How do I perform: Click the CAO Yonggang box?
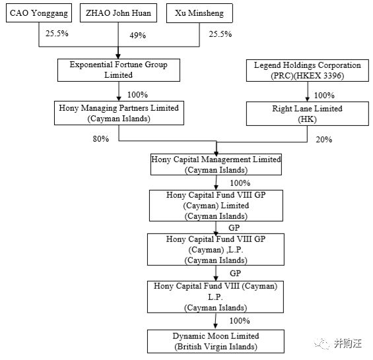[39, 13]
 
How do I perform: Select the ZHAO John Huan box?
[118, 13]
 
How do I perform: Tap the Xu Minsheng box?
[199, 13]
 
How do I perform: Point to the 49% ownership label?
[137, 36]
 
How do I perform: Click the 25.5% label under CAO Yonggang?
[57, 34]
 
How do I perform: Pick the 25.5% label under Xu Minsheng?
[220, 34]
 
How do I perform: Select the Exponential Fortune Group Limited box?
[119, 70]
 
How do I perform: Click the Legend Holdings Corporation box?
[308, 71]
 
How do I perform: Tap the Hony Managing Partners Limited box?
[119, 113]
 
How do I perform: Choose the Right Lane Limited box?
[308, 113]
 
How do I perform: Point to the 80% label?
[101, 138]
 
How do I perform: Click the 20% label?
[323, 140]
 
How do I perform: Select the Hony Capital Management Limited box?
[216, 164]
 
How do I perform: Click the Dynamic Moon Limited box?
[216, 342]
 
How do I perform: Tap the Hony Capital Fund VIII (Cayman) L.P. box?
[215, 297]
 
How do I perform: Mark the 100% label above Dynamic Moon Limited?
[240, 321]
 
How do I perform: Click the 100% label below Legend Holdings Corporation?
[324, 96]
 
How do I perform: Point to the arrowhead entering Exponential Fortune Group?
[118, 56]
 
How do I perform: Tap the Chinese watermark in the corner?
[339, 344]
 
